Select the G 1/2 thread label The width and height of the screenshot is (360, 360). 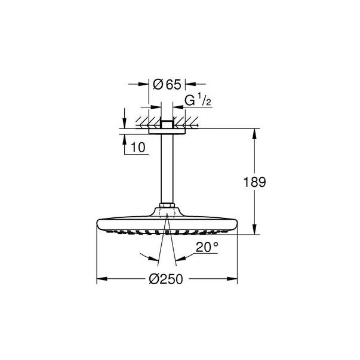pos(198,101)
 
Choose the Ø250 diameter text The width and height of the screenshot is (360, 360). pos(167,279)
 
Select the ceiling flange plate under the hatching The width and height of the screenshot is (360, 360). pos(167,131)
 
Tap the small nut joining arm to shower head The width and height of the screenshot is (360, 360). pos(167,208)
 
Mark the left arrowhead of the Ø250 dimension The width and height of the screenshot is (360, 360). pos(100,279)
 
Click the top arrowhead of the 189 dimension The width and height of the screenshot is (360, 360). pos(256,133)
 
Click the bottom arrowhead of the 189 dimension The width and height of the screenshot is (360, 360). pos(256,230)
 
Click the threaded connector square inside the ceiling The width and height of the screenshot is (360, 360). pos(167,124)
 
